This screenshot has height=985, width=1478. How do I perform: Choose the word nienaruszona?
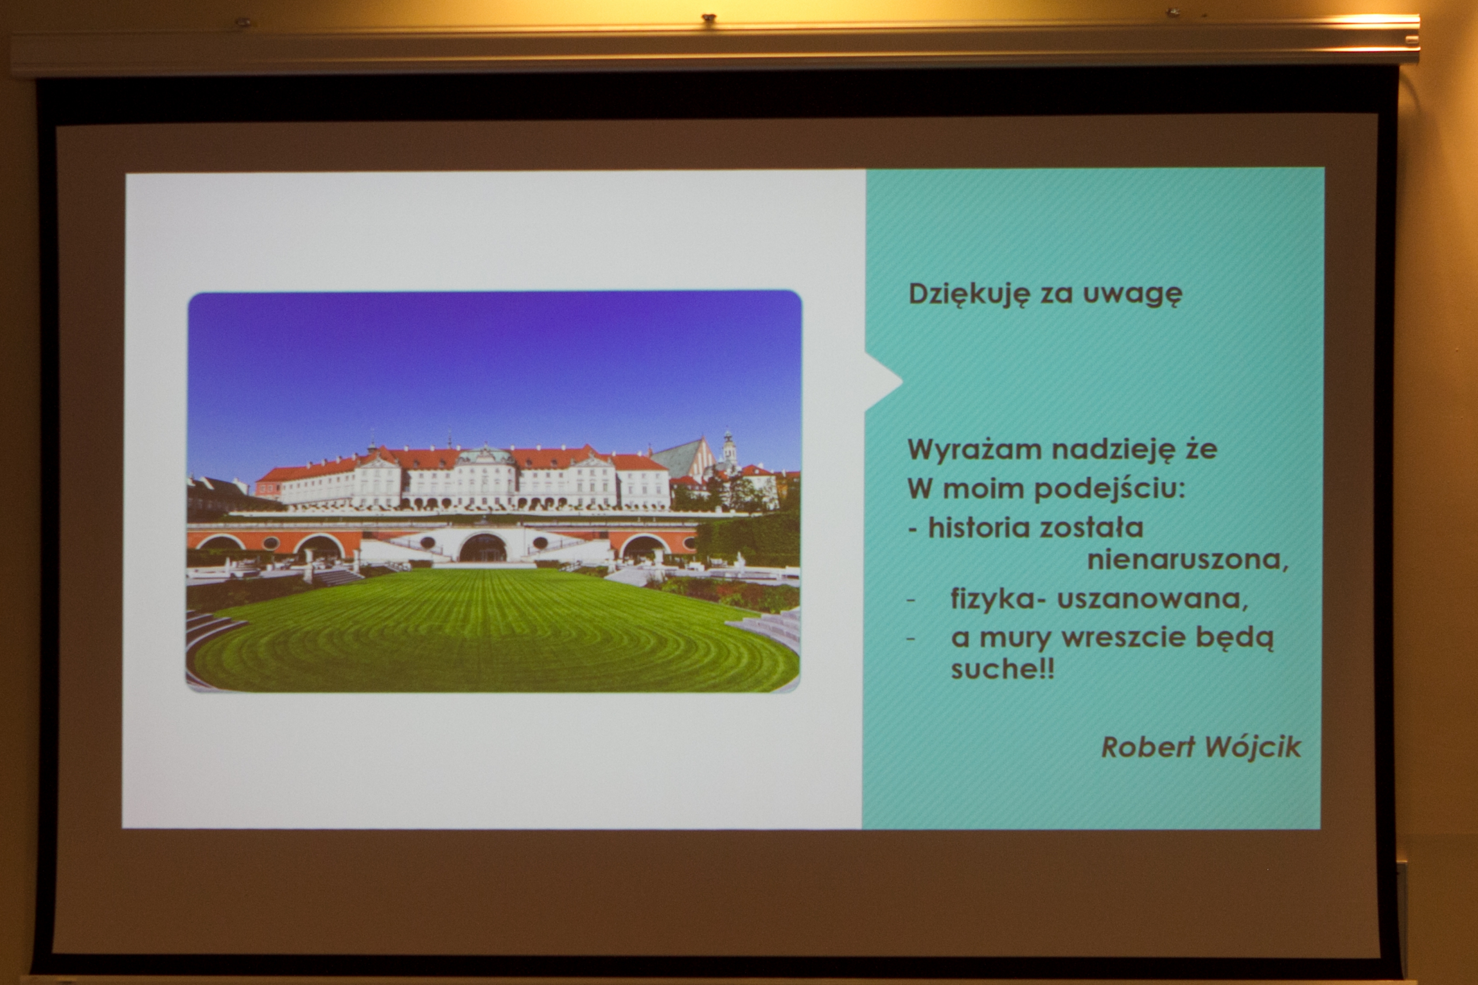(1188, 559)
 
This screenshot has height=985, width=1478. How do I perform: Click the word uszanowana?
(1152, 599)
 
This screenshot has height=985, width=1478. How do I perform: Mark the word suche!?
(1002, 670)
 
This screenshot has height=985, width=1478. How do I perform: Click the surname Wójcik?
(1253, 748)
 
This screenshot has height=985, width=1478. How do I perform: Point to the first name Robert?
(1148, 748)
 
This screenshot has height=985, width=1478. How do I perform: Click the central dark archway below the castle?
(483, 548)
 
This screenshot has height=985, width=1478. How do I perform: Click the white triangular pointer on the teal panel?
(883, 380)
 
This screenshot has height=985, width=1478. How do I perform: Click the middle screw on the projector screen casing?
(708, 18)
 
